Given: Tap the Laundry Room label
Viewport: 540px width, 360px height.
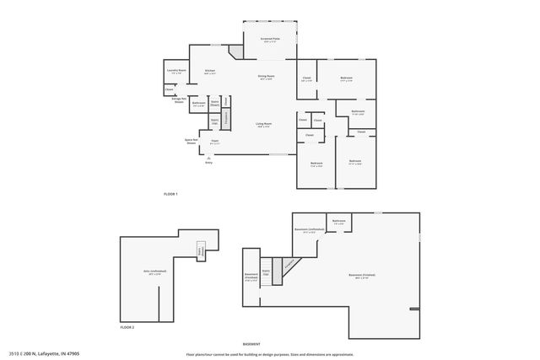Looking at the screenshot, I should [x=175, y=71].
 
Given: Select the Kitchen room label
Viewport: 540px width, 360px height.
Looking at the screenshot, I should [x=209, y=71].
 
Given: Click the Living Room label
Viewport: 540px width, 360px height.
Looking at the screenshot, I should [x=264, y=125].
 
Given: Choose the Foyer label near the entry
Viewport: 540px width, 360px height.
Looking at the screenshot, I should [x=215, y=141].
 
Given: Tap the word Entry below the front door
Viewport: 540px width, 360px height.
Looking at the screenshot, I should [x=208, y=162].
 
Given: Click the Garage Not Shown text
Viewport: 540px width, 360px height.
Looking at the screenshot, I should [x=178, y=99].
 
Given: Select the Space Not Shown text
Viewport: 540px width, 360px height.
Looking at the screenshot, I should [x=192, y=141].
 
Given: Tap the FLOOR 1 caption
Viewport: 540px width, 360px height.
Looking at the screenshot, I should [x=170, y=194].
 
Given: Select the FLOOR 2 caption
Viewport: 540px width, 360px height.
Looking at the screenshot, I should [x=127, y=326].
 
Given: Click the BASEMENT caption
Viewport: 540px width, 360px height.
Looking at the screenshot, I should [x=251, y=345].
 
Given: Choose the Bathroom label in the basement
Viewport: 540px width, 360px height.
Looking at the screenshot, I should [x=339, y=222].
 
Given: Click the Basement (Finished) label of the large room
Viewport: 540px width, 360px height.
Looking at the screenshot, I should [x=363, y=276].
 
